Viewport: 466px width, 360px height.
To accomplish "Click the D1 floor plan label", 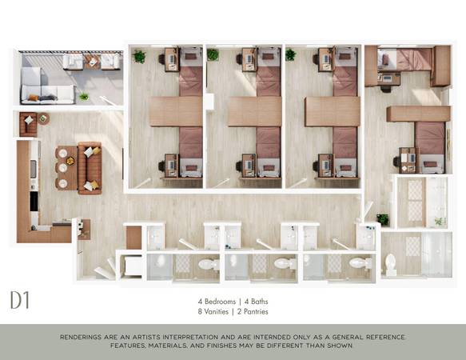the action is pos(20,300).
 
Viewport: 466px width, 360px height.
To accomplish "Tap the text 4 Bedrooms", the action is pos(217,302).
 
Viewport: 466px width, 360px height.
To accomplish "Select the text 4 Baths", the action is pos(257,302).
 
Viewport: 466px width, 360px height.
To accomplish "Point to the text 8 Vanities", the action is pos(213,311).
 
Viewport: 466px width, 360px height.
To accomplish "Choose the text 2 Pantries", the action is pos(253,311).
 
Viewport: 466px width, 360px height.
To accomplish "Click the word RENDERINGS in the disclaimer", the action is pos(82,337).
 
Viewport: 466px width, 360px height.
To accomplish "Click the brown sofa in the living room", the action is pos(90,168).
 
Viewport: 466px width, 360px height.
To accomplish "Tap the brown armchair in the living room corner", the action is pos(28,124).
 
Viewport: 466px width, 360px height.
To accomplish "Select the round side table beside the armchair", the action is pos(43,118).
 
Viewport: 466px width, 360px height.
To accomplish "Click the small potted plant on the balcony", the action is pos(84,96).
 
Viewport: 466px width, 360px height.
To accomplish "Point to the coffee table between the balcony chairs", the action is pos(92,62).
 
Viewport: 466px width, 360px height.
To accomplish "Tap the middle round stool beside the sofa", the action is pos(62,168).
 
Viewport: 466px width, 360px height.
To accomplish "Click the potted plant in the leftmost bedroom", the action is pos(139,56).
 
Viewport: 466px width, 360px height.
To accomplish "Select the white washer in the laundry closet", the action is pos(133,266).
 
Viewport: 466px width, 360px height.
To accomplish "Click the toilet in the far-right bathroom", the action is pos(391,265).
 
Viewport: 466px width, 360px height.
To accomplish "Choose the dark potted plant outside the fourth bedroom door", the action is pos(383,219).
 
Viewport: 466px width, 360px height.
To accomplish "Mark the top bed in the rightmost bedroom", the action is pos(404,59).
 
